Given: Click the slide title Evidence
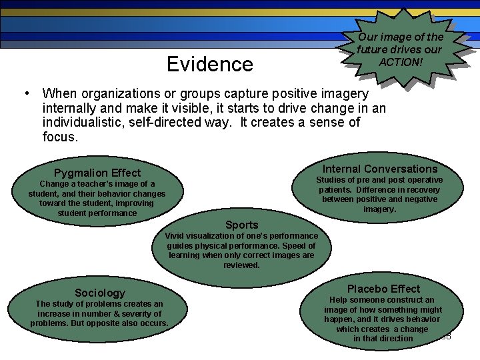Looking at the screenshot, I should [x=210, y=64].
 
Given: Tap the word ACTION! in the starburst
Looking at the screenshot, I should [x=400, y=61].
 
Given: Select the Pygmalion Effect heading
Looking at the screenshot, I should [x=97, y=173].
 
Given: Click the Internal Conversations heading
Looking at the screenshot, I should [x=380, y=169].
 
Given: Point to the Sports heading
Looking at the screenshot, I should [x=241, y=225].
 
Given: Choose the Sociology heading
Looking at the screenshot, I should [x=100, y=293].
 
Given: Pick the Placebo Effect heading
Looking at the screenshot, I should [x=383, y=289].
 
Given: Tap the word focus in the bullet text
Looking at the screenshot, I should [x=60, y=137].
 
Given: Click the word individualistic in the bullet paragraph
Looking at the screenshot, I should [x=92, y=123].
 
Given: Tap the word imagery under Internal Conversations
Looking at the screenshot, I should [x=379, y=209].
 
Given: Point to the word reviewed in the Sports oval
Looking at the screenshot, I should [x=241, y=265].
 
